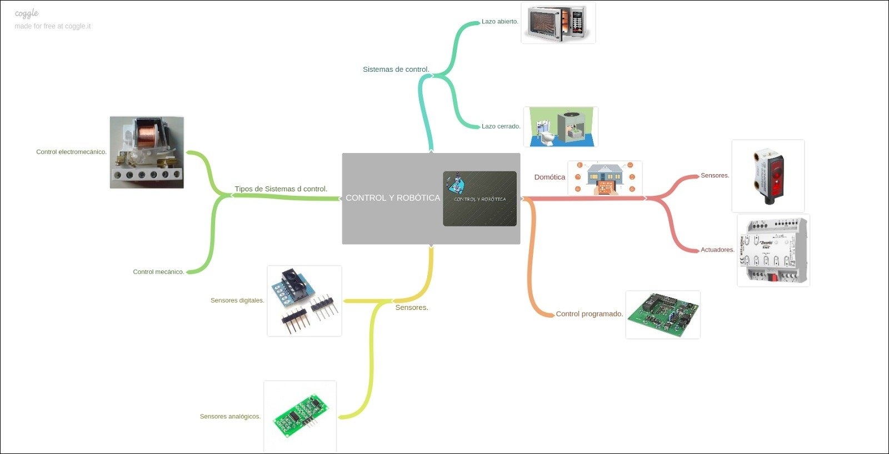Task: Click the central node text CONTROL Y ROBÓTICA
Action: (x=392, y=198)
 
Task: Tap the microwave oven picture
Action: (x=558, y=23)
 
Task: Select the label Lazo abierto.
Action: (x=500, y=22)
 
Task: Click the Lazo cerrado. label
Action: (x=501, y=126)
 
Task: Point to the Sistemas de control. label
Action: (x=396, y=70)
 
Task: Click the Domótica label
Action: (x=550, y=177)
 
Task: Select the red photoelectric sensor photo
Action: (x=768, y=176)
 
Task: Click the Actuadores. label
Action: (x=717, y=250)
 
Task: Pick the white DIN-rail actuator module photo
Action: (x=773, y=250)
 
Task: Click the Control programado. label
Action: (x=589, y=314)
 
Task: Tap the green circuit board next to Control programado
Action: (x=663, y=314)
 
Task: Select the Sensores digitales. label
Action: (x=237, y=300)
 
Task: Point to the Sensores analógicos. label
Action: (x=230, y=417)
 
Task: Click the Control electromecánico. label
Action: (x=71, y=152)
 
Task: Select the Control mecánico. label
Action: (x=158, y=272)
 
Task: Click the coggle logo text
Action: (x=27, y=13)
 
